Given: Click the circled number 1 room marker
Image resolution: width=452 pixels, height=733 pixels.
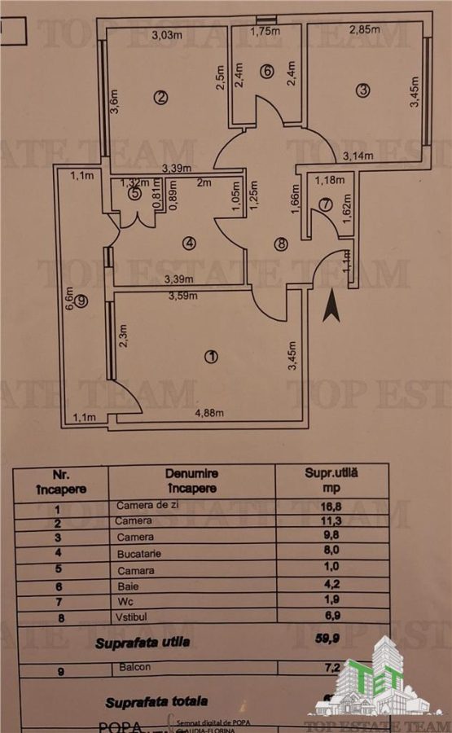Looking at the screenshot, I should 212,357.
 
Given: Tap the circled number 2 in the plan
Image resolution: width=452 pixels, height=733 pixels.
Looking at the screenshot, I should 161,98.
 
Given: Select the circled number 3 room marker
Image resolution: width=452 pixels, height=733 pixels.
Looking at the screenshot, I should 362,90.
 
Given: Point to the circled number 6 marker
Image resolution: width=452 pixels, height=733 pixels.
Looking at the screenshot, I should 265,71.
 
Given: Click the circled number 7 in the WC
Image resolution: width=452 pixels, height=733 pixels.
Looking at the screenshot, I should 325,204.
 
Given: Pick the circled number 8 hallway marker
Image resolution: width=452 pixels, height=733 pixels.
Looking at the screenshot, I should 282,243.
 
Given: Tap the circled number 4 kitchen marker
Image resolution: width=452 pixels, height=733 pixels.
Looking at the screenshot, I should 188,243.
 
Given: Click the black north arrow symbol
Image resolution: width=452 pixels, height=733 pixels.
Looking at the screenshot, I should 331,307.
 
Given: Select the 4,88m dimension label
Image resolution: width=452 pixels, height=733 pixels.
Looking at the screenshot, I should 208,414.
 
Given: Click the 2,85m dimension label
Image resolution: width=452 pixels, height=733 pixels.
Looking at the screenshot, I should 364,31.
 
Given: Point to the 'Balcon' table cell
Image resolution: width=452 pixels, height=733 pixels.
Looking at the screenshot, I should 132,668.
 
